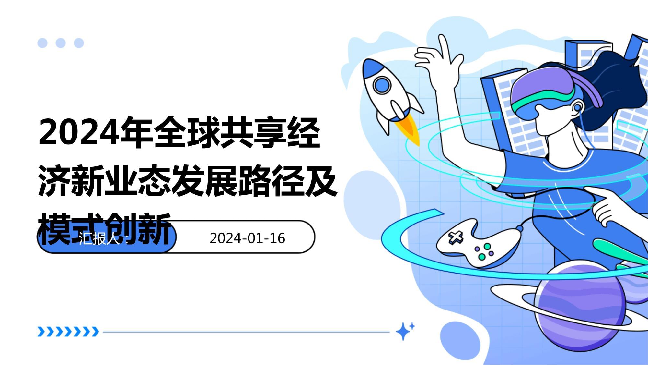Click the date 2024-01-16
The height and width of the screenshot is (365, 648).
click(247, 238)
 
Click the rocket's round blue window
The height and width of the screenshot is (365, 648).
click(382, 85)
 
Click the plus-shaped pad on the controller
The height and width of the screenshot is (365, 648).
click(456, 237)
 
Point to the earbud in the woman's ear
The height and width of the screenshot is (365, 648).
click(577, 107)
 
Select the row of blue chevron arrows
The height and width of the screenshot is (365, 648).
click(68, 332)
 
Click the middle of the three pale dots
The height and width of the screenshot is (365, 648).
click(61, 43)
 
